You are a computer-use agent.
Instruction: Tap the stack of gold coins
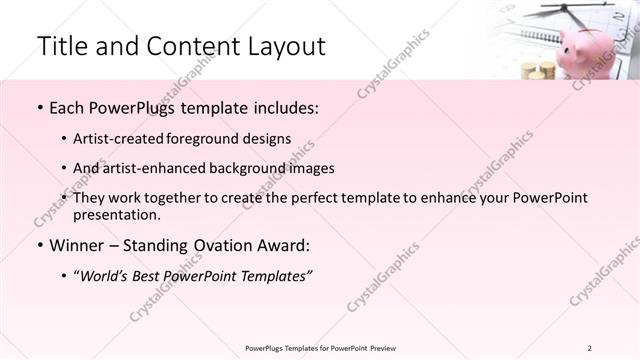click(538, 71)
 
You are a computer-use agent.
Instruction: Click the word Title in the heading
click(63, 47)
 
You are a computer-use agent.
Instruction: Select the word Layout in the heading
click(281, 47)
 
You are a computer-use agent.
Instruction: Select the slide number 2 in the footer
click(589, 348)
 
